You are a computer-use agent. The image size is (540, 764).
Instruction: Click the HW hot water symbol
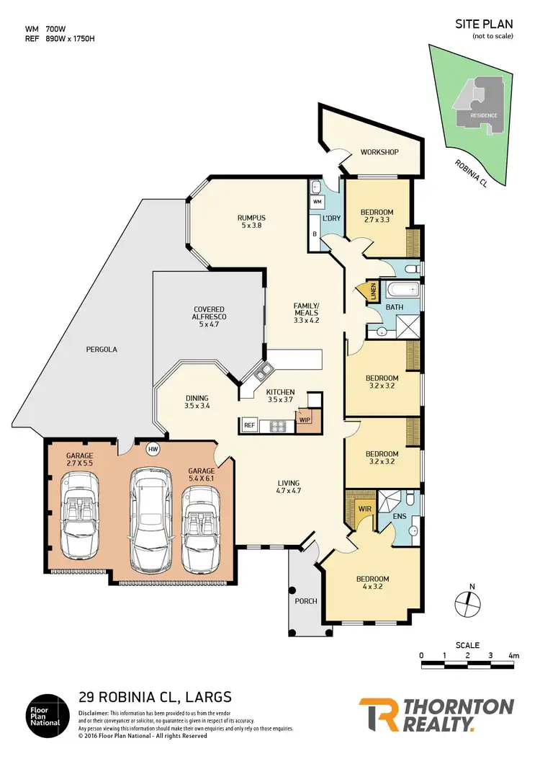(x=153, y=448)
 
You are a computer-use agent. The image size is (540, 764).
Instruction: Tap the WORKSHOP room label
(x=379, y=152)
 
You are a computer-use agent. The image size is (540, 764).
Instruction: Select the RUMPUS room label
(x=252, y=218)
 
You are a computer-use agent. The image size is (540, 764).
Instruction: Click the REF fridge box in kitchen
(x=250, y=425)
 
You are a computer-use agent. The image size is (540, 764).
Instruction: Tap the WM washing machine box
(x=318, y=203)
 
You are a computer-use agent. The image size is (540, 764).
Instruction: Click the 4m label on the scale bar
(x=513, y=655)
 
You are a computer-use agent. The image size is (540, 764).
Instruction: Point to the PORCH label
(x=306, y=601)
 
